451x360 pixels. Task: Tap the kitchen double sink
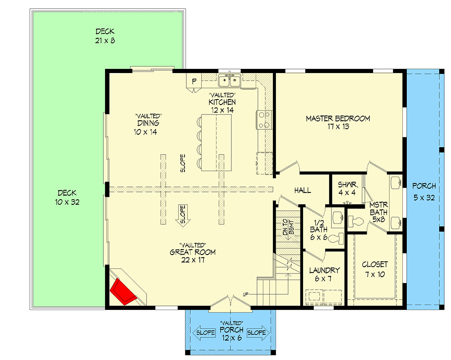point(229,81)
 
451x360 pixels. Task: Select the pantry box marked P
point(194,81)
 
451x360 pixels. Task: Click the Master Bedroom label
point(338,123)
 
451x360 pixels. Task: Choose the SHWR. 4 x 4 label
point(348,188)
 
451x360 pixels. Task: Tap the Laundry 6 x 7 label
point(324,274)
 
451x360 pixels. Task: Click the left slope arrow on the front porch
point(202,333)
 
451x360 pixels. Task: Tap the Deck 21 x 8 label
point(105,36)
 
